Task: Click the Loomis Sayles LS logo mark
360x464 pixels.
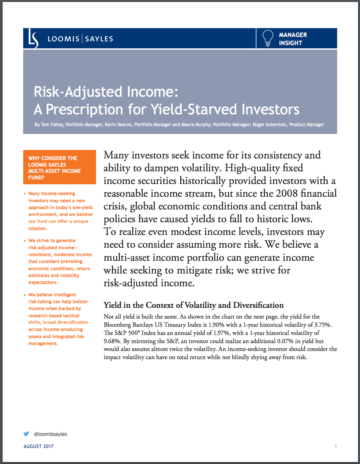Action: coord(33,39)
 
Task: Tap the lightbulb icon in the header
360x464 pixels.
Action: coord(268,38)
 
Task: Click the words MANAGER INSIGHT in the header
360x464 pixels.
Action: coord(293,39)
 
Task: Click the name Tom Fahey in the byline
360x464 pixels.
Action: coord(52,124)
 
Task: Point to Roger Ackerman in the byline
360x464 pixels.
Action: coord(270,124)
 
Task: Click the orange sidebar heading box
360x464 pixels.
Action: coord(59,167)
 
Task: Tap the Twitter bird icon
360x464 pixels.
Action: coord(26,434)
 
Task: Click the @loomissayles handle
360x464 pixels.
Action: coord(50,434)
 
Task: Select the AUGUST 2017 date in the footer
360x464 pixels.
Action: coord(39,446)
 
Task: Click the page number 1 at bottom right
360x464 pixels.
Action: coord(335,446)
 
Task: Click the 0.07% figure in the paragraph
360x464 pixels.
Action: coord(285,341)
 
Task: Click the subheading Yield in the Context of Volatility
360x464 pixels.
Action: coord(193,305)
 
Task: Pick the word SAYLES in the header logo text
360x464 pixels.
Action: coord(99,39)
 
